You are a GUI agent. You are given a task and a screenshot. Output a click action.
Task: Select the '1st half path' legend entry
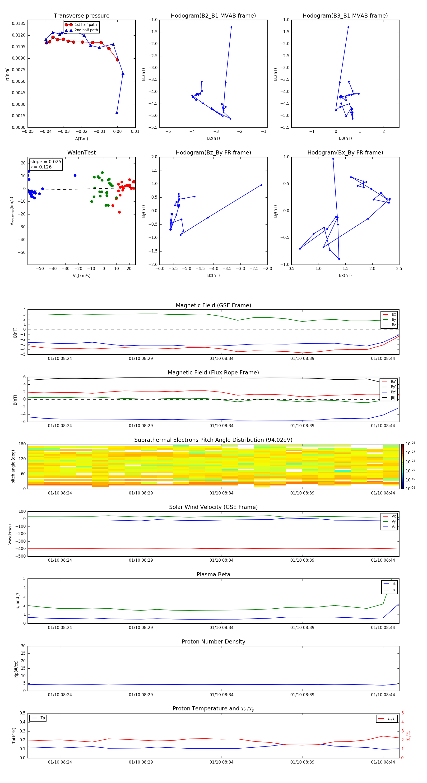click(85, 25)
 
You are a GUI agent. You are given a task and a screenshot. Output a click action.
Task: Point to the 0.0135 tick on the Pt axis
click(19, 24)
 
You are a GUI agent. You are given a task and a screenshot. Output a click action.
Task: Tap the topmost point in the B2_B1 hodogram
click(231, 27)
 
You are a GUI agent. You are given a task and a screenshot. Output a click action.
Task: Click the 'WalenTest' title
click(81, 153)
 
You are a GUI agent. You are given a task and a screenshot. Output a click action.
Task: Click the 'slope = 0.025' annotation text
click(46, 162)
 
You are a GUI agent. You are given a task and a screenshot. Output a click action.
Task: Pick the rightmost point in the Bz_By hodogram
click(261, 185)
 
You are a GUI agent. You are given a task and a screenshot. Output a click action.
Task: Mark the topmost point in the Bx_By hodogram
click(333, 159)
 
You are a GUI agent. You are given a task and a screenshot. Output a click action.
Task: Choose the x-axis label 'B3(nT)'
click(345, 138)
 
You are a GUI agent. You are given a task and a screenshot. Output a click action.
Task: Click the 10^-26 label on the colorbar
click(410, 444)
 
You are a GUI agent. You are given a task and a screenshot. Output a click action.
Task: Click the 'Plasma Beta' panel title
click(213, 574)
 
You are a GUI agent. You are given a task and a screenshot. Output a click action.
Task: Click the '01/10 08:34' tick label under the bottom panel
click(221, 762)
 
